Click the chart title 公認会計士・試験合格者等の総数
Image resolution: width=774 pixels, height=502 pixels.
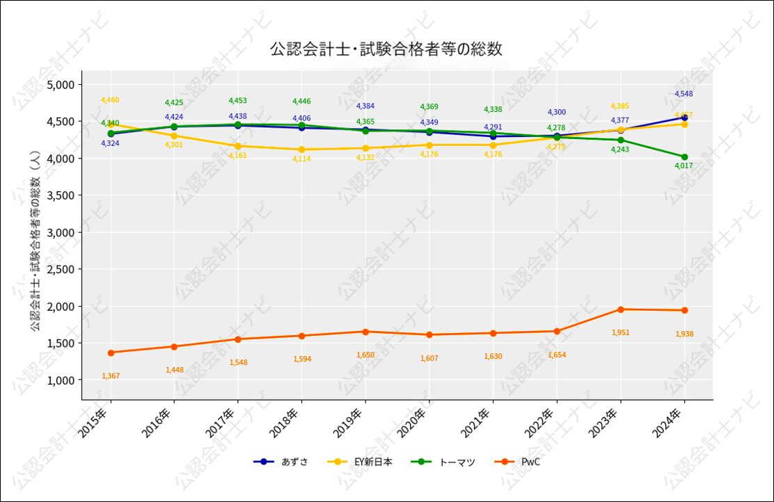coord(386,49)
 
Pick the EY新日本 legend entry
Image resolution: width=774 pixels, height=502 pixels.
coord(368,462)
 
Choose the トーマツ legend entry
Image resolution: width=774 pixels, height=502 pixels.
coord(457,462)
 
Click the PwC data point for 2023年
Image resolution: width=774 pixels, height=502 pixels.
coord(621,309)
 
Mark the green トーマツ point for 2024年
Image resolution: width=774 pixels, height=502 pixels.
coord(684,156)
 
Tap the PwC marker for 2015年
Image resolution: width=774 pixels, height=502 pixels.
coord(111,353)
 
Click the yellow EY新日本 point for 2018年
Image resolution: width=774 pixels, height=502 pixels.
coord(302,149)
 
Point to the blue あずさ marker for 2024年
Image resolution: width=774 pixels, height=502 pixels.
coord(684,118)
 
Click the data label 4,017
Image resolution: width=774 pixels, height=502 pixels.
coord(684,166)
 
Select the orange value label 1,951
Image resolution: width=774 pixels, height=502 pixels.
coord(620,332)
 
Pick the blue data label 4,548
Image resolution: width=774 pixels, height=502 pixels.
coord(684,94)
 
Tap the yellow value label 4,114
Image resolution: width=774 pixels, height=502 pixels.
coord(301,159)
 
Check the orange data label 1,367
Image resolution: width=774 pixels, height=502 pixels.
coord(111,376)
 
